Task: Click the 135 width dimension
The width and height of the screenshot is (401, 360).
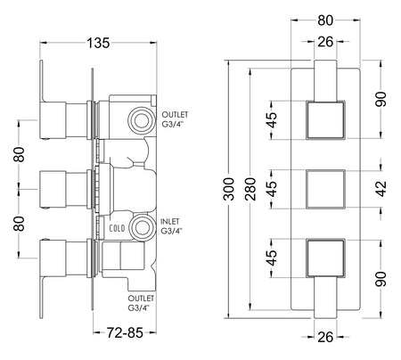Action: tap(98, 43)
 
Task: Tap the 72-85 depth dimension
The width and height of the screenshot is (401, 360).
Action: tap(125, 332)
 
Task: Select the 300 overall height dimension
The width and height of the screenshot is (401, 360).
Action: tap(229, 189)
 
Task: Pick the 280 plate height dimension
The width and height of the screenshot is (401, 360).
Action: tap(250, 189)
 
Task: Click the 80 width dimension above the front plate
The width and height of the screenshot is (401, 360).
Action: tap(325, 20)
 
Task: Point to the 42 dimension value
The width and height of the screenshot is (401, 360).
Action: tap(381, 189)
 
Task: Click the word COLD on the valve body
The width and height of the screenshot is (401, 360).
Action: tap(117, 228)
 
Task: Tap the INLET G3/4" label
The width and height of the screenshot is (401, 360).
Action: tap(170, 226)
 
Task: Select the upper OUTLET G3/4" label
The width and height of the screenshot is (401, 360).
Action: tap(175, 119)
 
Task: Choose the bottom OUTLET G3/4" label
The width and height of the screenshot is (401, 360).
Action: tap(141, 303)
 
